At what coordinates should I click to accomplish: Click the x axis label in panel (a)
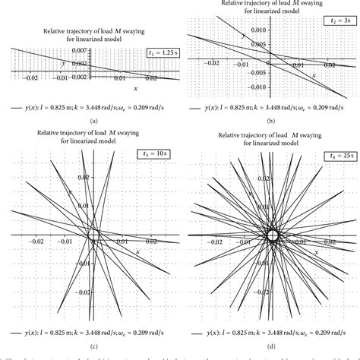click(91, 89)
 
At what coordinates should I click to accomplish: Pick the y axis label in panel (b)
click(243, 36)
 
